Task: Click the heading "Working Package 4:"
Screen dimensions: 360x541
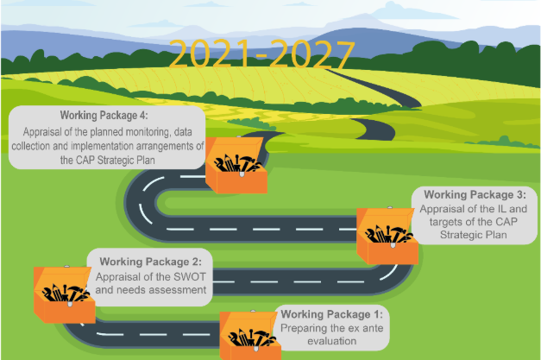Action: coord(104,115)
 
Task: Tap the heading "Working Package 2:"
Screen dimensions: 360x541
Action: coord(150,262)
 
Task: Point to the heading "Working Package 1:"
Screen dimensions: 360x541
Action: coord(334,314)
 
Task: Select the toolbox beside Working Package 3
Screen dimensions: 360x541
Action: coord(387,234)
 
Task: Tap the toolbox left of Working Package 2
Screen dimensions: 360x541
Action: coord(63,293)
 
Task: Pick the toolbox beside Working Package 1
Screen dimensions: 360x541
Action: coord(249,337)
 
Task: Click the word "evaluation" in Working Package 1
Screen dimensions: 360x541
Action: coord(332,341)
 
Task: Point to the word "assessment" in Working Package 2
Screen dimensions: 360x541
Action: coord(179,291)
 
